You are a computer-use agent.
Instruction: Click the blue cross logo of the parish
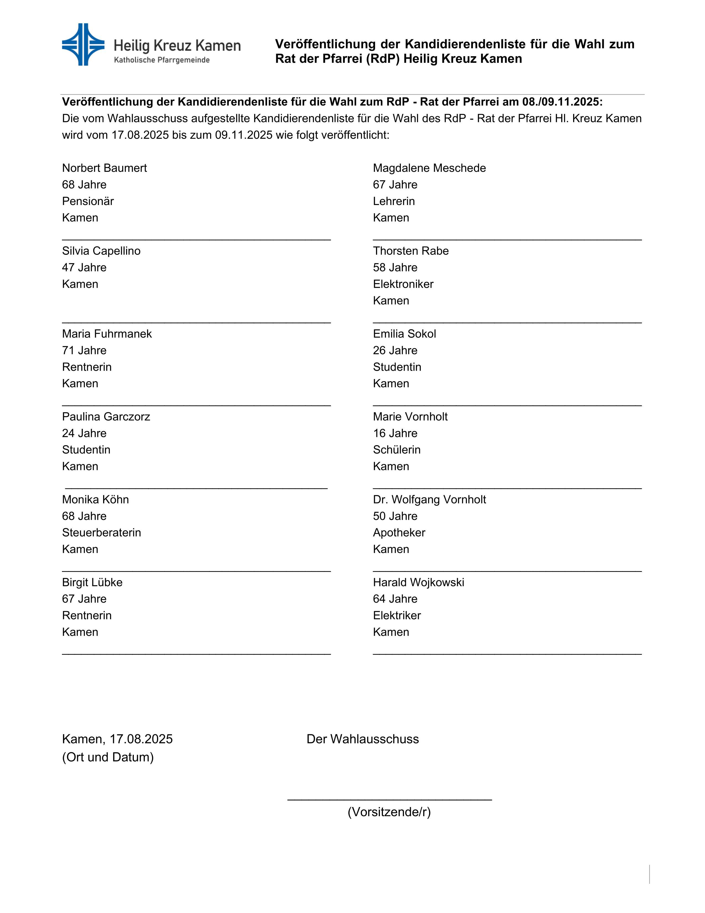(83, 44)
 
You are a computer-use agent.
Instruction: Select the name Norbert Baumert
(105, 168)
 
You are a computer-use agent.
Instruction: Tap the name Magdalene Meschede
(429, 168)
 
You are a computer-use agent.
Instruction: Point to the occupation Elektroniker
(403, 284)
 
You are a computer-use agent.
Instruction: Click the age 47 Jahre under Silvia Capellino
(84, 268)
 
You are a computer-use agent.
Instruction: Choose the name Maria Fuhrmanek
(107, 334)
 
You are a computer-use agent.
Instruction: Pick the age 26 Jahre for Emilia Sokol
(395, 350)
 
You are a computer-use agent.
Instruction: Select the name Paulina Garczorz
(106, 417)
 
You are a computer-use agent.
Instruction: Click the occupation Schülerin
(397, 450)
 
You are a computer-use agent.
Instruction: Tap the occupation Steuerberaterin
(101, 533)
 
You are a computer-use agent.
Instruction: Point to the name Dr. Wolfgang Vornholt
(429, 500)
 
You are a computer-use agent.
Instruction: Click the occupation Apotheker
(399, 533)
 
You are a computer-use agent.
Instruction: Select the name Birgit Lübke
(92, 582)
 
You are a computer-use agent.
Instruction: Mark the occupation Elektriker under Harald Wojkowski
(397, 615)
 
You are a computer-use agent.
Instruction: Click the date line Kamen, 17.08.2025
(117, 739)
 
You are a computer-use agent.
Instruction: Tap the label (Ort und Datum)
(108, 757)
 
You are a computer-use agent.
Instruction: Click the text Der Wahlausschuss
(362, 739)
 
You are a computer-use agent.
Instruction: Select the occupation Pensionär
(88, 201)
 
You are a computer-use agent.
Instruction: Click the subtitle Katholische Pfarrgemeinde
(162, 60)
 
